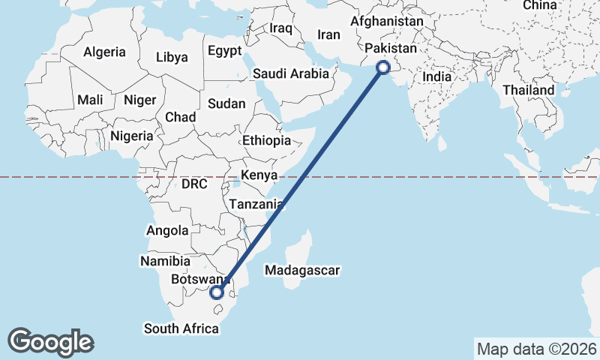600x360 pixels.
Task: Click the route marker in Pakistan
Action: (x=383, y=67)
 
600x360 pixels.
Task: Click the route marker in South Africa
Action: (x=217, y=292)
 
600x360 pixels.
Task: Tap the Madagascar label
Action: (x=303, y=270)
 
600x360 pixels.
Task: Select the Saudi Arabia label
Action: (x=291, y=73)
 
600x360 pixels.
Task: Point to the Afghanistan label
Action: (x=386, y=21)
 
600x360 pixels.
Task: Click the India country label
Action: (x=436, y=76)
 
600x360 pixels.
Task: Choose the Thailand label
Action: (x=529, y=90)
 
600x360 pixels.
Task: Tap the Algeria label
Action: (x=104, y=52)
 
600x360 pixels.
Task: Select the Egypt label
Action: (x=225, y=51)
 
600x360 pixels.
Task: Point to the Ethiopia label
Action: (x=266, y=140)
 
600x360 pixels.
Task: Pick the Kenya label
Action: (x=259, y=175)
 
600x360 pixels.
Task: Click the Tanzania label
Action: (x=256, y=204)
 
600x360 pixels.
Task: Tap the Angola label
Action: (x=167, y=231)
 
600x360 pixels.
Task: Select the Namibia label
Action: (x=165, y=261)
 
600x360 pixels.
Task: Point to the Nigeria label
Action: (x=131, y=136)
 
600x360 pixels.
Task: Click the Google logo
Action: (x=51, y=342)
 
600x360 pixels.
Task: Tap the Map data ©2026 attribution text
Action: (x=536, y=349)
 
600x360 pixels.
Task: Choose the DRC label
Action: (x=194, y=184)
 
